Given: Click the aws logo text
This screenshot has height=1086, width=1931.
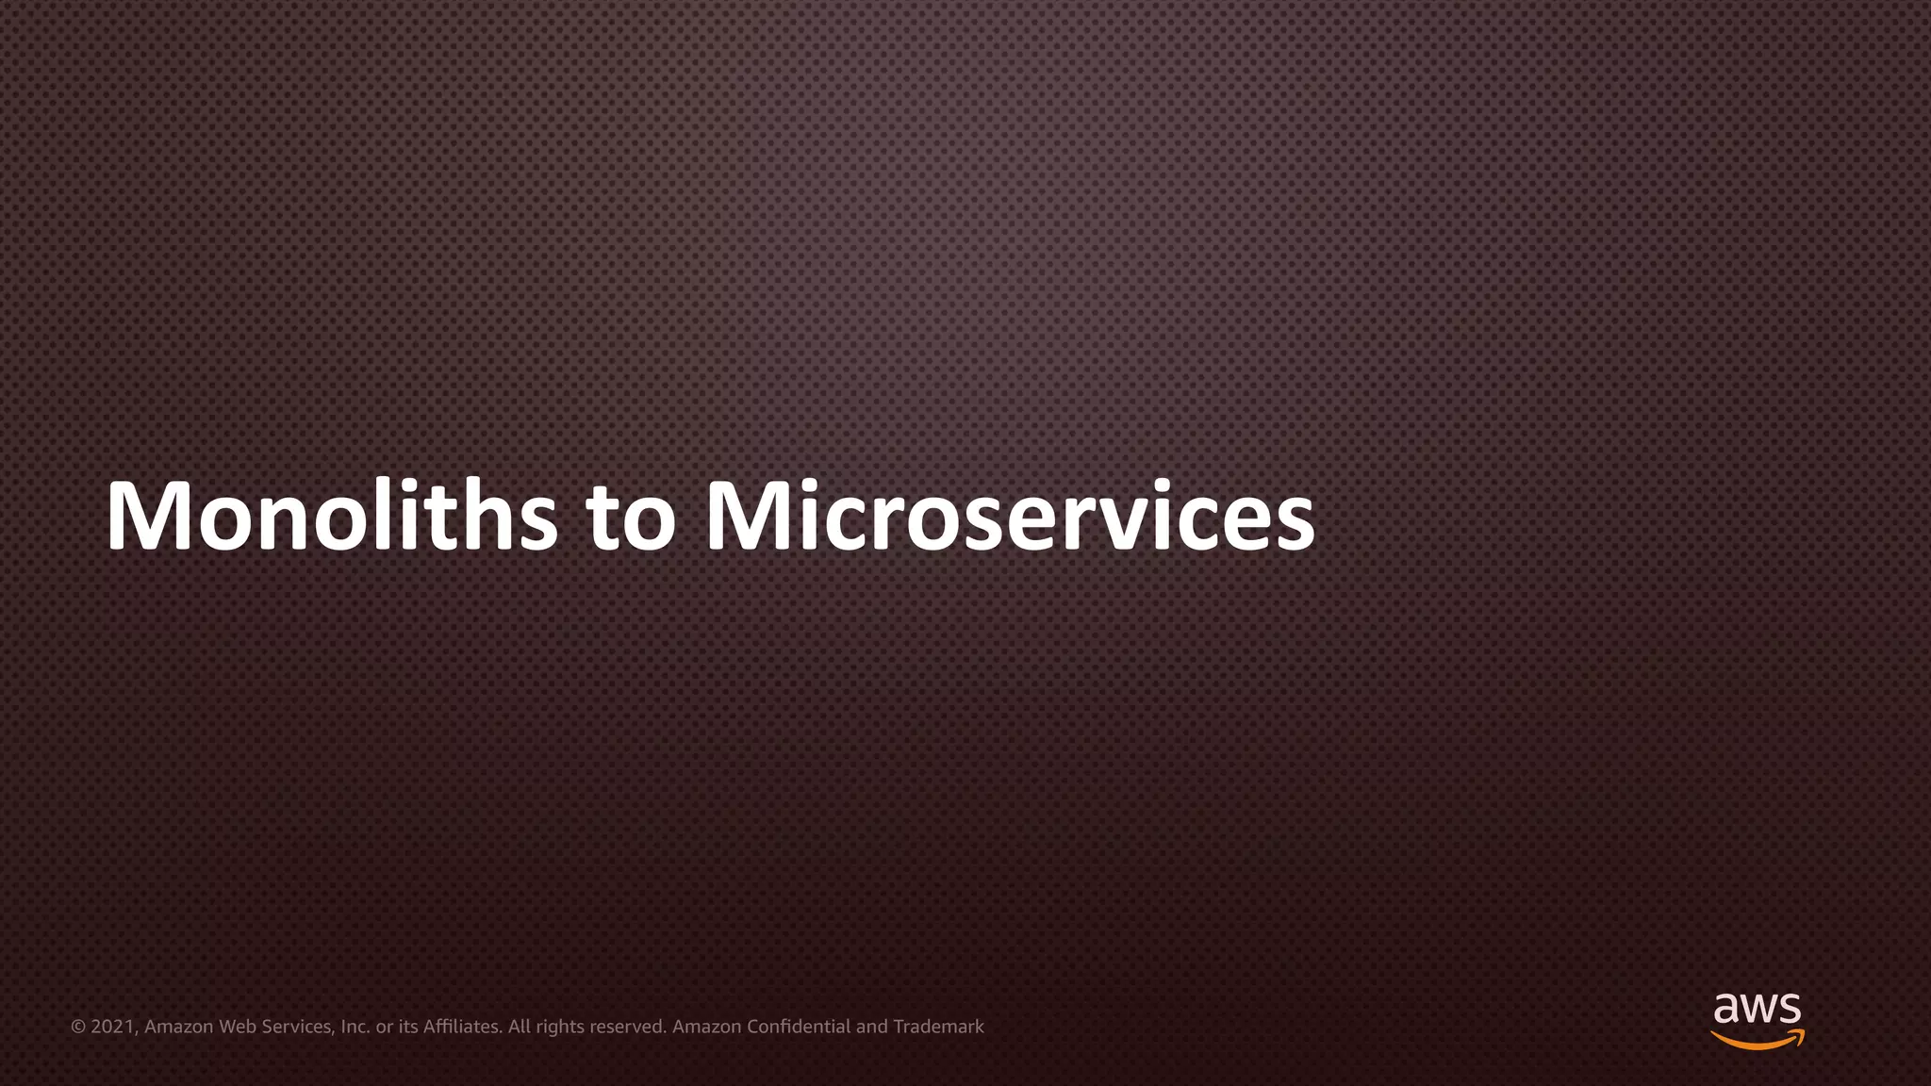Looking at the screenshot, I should click(1757, 1009).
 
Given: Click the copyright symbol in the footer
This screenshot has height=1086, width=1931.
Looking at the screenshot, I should click(78, 1027).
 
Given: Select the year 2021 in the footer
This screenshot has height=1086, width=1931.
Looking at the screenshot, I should click(113, 1027).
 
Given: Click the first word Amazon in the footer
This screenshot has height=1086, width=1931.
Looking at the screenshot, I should click(179, 1027).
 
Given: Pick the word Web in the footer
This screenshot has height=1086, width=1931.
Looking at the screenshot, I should click(237, 1027).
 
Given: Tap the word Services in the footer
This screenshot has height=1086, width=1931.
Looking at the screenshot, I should click(297, 1027).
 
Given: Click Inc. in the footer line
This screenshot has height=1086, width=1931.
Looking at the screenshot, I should click(355, 1027).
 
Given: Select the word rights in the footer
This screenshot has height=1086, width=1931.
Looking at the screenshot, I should click(559, 1027).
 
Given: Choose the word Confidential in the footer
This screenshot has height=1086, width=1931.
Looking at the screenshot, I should click(799, 1027).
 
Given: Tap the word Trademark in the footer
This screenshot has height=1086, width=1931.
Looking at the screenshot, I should click(938, 1027).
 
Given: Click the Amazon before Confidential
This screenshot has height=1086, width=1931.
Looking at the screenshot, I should click(706, 1027).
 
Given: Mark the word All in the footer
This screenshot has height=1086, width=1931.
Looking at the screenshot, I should click(519, 1027).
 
